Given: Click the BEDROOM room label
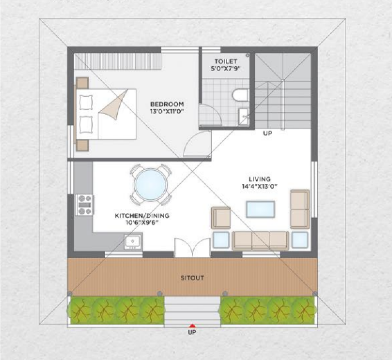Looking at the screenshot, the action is tap(167, 104).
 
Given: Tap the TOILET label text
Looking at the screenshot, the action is tap(226, 61).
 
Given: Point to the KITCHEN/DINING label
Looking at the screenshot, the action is tap(142, 215).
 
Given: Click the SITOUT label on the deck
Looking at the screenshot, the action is tap(192, 278).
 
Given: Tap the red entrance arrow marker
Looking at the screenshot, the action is tap(192, 325).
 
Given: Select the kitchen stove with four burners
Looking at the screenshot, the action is tap(84, 205).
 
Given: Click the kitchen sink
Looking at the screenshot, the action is tap(133, 242).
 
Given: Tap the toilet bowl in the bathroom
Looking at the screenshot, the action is tap(240, 95).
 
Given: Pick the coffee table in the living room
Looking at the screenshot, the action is tap(260, 209).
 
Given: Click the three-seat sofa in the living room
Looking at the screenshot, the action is tap(260, 241).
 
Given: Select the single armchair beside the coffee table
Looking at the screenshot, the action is tap(221, 218).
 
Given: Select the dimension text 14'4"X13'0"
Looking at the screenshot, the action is tap(260, 186).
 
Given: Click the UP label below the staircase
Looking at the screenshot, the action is tap(267, 133).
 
